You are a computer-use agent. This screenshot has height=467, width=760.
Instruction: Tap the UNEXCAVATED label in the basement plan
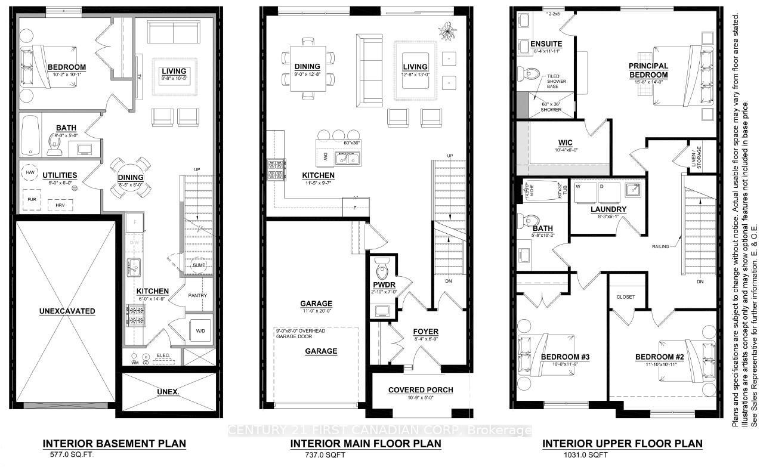[67, 311]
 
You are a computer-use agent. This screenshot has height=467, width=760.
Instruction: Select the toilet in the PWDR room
[381, 265]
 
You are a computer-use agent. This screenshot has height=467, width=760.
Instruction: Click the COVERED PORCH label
[421, 390]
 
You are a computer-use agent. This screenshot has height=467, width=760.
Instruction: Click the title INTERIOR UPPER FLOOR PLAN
[622, 444]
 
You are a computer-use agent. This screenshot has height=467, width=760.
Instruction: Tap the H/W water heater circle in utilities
[30, 173]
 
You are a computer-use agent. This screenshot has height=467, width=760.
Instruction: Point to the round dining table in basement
[130, 177]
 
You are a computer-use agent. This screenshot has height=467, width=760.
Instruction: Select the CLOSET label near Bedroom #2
[626, 297]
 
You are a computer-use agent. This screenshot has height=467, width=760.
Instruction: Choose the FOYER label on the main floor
[425, 332]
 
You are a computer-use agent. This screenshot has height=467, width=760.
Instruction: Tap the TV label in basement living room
[139, 76]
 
